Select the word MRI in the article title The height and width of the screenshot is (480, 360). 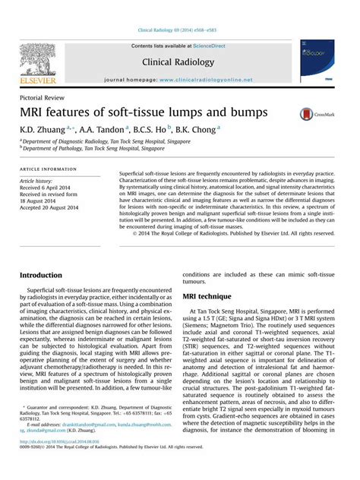(x=35, y=113)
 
